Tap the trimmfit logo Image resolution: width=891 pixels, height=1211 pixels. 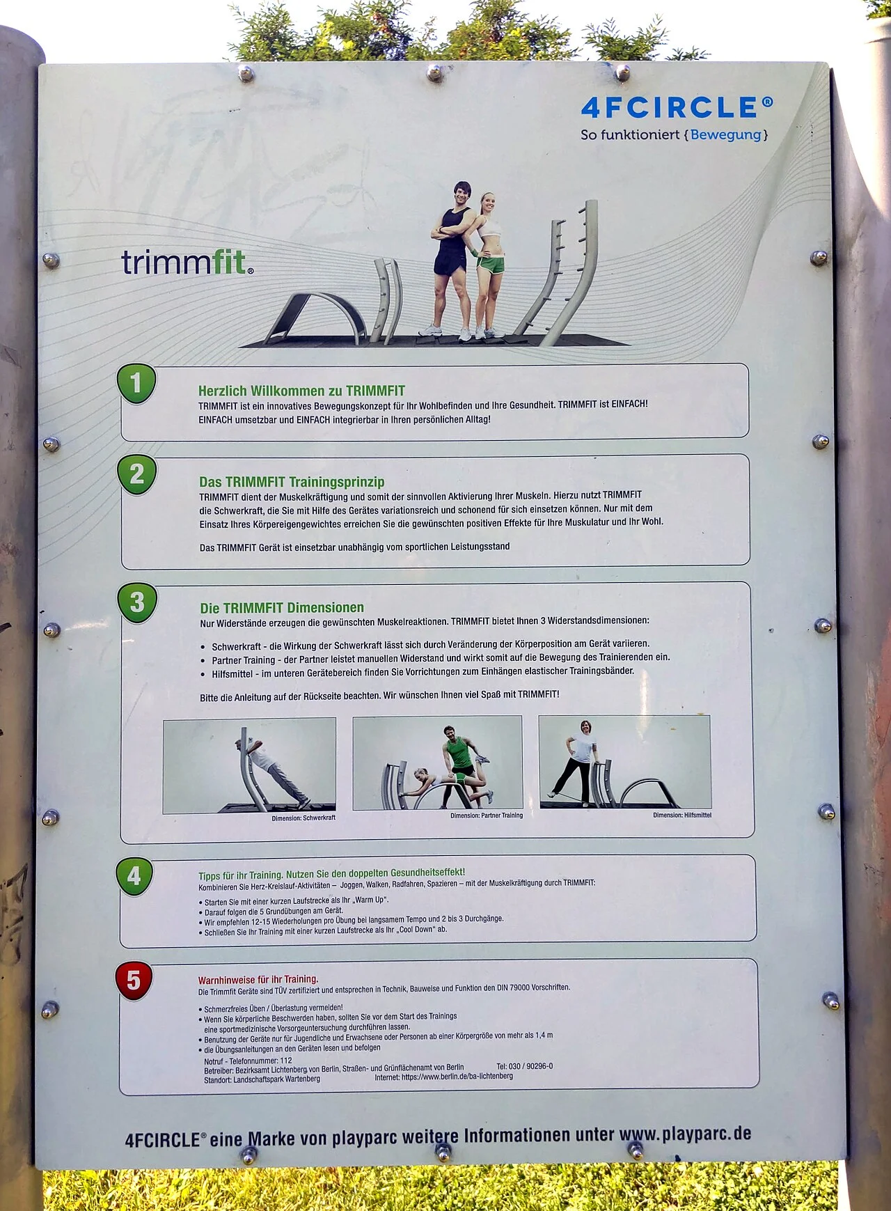(x=187, y=262)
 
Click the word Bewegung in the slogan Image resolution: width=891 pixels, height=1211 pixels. (x=725, y=134)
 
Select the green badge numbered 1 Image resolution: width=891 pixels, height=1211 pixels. (x=136, y=384)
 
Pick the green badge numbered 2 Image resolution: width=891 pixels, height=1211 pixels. (x=137, y=475)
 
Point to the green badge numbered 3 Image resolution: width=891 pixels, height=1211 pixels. (x=137, y=602)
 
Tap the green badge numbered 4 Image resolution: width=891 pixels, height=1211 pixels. (x=134, y=877)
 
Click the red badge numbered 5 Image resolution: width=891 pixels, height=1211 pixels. (x=133, y=981)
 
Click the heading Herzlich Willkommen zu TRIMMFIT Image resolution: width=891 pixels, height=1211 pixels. (x=301, y=391)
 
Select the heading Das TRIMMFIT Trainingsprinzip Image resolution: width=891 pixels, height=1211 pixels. (x=292, y=482)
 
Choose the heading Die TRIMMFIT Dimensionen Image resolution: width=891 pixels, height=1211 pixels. (x=282, y=608)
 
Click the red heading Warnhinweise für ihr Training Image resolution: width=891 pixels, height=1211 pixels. (x=258, y=979)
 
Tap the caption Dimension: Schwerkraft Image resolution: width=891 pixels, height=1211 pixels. (x=303, y=818)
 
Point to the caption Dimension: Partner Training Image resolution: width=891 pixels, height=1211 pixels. (x=487, y=815)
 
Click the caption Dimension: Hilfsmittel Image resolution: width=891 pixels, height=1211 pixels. (x=682, y=815)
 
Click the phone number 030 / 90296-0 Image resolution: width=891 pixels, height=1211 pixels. (x=531, y=1066)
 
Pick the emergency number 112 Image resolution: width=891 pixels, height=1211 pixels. (x=286, y=1061)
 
